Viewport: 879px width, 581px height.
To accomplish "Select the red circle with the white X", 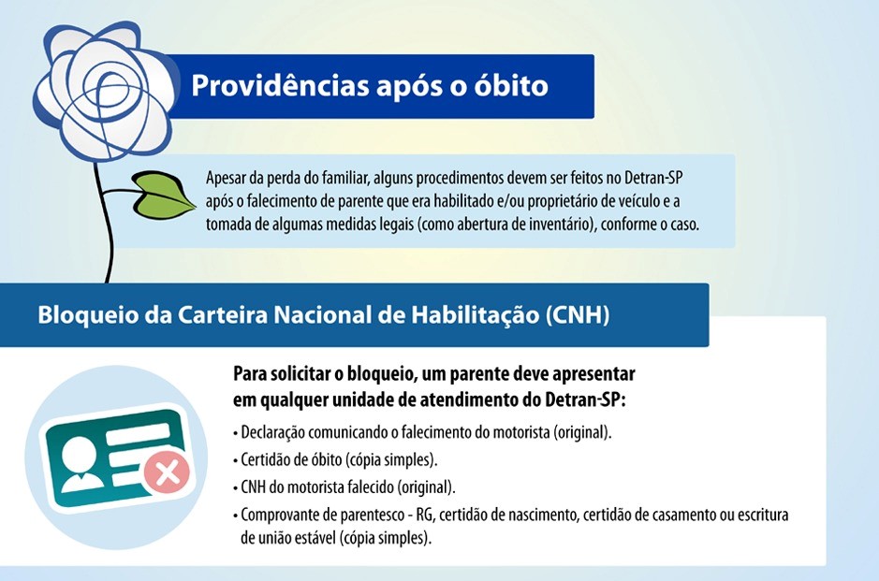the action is coord(167,472).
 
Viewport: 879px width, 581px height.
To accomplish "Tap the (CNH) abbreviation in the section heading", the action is coord(578,315).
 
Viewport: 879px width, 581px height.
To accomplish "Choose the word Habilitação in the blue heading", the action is coord(475,315).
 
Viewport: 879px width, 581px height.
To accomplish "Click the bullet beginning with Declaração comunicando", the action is coord(422,433).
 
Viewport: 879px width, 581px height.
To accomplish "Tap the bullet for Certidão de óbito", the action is coord(335,460).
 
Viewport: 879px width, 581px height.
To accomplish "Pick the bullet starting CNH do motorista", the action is coord(344,487).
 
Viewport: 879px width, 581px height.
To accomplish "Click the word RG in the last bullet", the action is coord(425,515).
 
